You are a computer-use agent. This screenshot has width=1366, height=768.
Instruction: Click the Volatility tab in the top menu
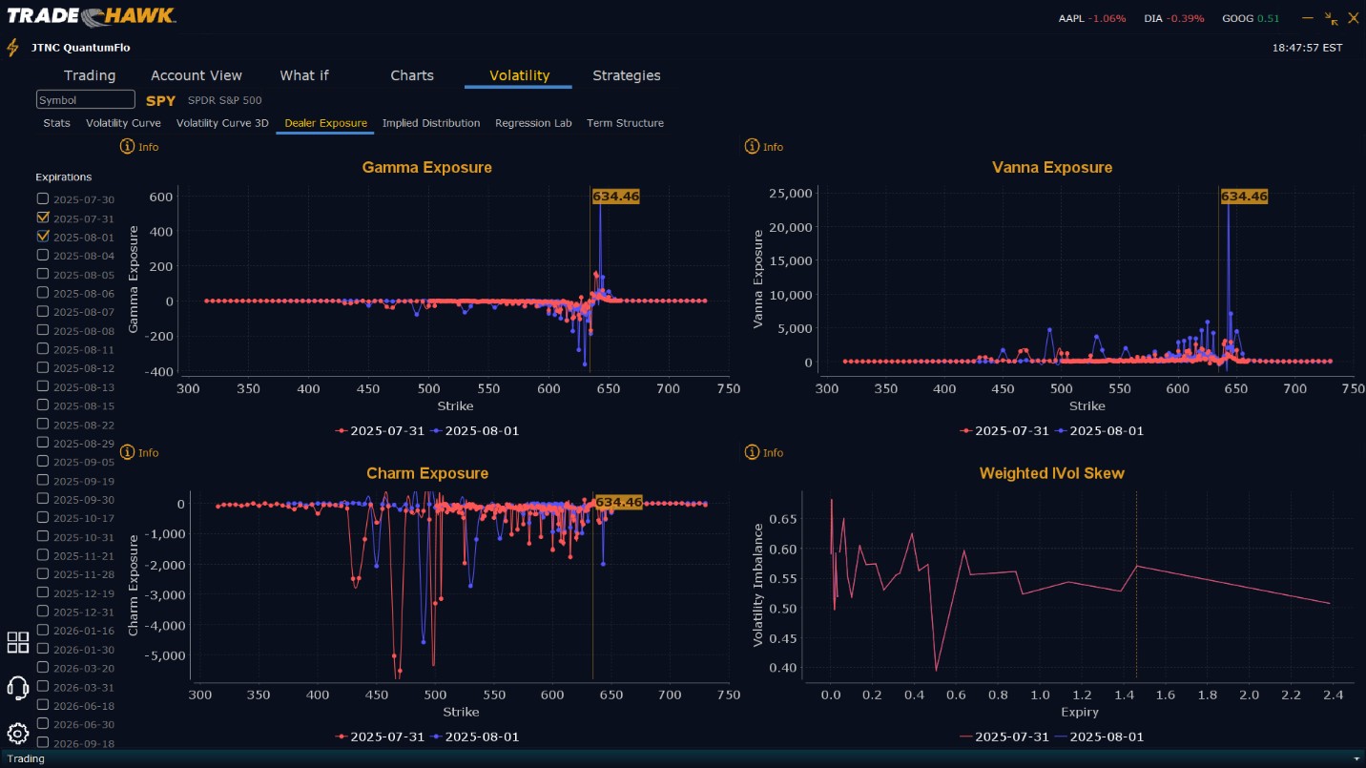(519, 75)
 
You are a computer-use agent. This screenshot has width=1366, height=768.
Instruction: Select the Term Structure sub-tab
(625, 123)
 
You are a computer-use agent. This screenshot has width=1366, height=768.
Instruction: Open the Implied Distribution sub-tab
(431, 123)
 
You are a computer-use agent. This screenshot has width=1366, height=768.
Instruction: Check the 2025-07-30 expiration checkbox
(43, 198)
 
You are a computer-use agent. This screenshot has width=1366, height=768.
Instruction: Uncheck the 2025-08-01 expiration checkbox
(43, 237)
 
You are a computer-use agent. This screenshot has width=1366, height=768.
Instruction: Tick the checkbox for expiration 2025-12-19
(43, 592)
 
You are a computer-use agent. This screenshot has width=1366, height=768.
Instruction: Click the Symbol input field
(86, 100)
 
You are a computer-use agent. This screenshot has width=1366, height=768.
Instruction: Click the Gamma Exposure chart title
(426, 168)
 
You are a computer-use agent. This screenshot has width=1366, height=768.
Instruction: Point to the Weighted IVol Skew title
(1051, 473)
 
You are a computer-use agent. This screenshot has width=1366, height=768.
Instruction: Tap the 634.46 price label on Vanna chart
(1244, 197)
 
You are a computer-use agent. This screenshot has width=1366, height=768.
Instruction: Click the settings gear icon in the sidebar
(17, 733)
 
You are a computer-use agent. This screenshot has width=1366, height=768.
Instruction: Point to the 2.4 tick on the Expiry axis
(1333, 695)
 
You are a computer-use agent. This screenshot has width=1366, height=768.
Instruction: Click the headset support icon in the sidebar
(17, 687)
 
